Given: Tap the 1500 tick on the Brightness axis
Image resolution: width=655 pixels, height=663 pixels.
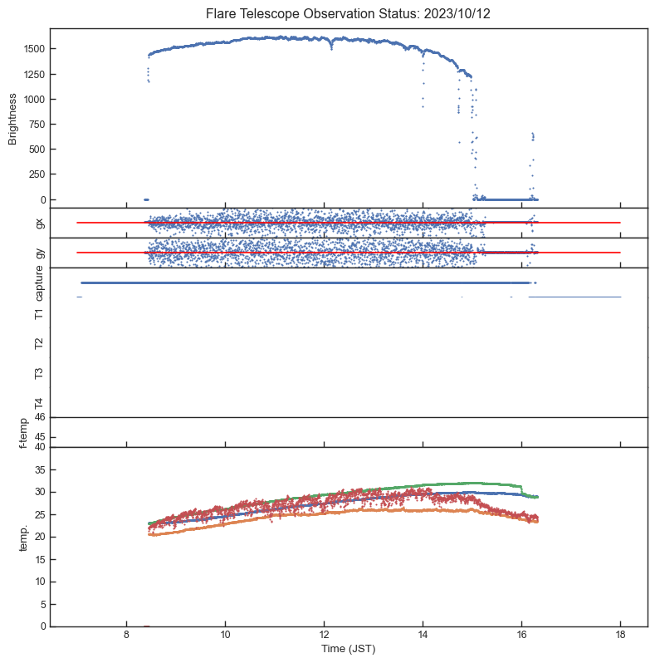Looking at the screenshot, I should coord(34,49).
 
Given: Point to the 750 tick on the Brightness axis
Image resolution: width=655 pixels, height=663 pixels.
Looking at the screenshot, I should coord(37,125).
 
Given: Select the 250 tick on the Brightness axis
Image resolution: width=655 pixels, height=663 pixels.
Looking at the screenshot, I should coord(37,174).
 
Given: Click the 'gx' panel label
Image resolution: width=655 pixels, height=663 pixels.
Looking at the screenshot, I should coord(39,223).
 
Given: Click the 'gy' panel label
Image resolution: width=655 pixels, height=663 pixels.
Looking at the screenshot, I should coord(39,253).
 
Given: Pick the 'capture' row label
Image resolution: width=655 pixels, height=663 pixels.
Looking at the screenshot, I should coord(39,284).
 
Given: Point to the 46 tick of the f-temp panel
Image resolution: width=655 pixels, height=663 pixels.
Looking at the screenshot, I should coord(40,417).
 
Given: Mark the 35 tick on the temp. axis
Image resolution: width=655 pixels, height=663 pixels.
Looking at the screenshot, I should coord(40,469).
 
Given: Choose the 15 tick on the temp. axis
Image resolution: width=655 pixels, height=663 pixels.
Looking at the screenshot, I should coord(40,559).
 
